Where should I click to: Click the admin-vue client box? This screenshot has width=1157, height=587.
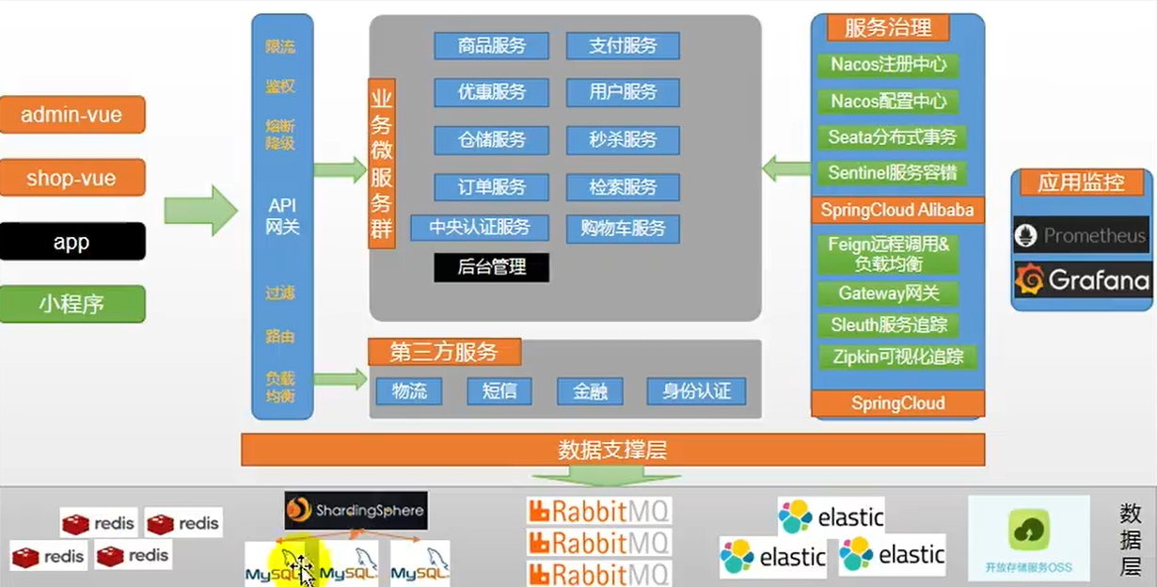[72, 115]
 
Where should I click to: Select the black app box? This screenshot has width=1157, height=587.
[72, 242]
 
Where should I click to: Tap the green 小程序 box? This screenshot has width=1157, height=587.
[72, 305]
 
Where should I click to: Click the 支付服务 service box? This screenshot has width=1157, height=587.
[623, 45]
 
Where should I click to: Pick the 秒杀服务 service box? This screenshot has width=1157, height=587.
[623, 140]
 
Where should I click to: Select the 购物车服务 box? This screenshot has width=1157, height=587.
[623, 228]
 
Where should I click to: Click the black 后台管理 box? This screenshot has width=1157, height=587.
[491, 267]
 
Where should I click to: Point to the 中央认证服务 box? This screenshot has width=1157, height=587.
[480, 228]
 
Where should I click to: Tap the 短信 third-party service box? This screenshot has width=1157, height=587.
[499, 391]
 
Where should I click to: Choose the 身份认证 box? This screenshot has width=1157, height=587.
[696, 391]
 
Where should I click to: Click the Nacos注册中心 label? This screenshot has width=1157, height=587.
[888, 65]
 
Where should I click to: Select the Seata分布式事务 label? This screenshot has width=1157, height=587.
[892, 137]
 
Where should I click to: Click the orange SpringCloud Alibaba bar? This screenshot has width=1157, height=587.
[897, 210]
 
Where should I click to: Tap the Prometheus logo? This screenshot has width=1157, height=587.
[1082, 235]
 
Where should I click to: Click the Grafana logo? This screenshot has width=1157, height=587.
[1082, 279]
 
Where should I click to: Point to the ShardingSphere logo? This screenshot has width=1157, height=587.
[357, 511]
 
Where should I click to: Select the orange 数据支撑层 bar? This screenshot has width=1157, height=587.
[612, 450]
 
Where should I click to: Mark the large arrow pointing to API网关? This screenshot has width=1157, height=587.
[200, 210]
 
